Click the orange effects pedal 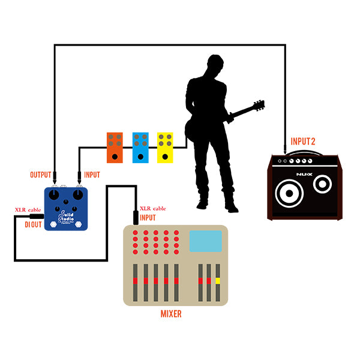(115, 147)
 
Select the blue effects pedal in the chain (140, 147)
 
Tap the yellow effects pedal (166, 147)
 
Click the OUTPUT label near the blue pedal (41, 175)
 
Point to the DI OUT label (33, 224)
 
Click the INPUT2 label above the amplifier (303, 142)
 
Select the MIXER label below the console (171, 313)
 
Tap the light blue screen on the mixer (206, 241)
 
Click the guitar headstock (259, 106)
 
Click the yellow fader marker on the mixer (218, 281)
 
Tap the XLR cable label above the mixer (152, 208)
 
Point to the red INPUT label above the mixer (148, 217)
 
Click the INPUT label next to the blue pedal (92, 175)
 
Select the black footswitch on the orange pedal (115, 157)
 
